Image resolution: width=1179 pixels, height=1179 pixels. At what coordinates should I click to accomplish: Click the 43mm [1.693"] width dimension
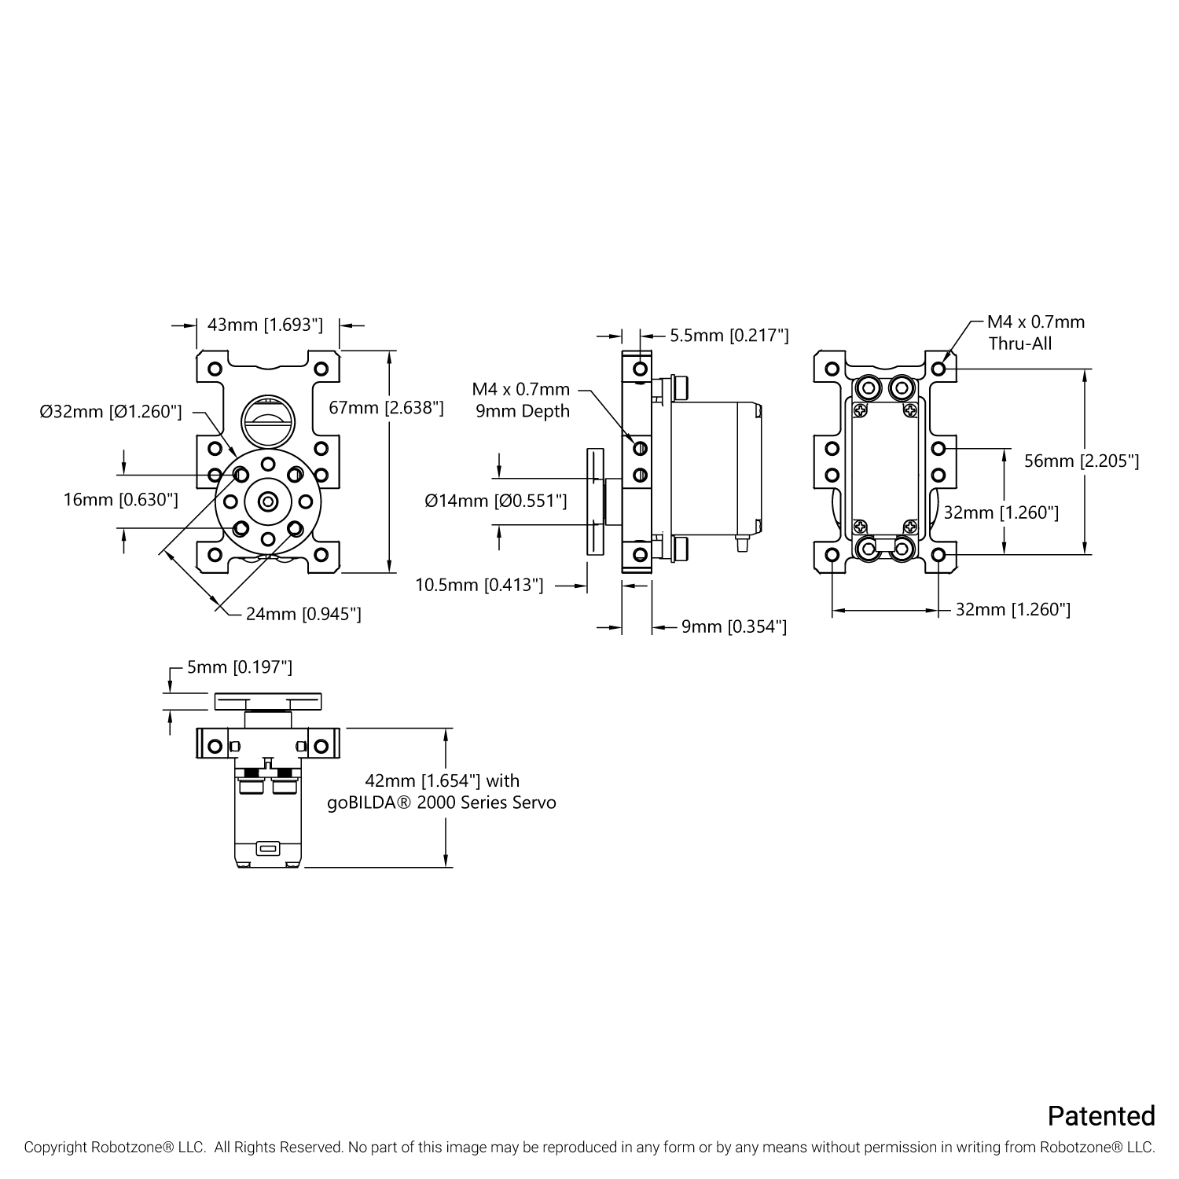click(265, 325)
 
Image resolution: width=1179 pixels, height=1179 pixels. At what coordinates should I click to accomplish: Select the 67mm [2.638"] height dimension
click(386, 407)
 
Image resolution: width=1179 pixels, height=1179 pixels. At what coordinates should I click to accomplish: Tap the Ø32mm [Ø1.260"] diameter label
click(111, 411)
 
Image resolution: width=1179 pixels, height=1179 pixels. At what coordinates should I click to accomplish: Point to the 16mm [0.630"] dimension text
click(120, 499)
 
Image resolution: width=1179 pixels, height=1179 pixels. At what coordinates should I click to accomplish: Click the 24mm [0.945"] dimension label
click(303, 614)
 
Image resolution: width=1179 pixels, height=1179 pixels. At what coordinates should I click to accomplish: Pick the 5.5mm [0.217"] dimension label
click(729, 336)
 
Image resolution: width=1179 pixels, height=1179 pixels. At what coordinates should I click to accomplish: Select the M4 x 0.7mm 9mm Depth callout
click(521, 400)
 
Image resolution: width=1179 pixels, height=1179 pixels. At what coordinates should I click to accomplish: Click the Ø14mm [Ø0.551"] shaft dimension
click(495, 500)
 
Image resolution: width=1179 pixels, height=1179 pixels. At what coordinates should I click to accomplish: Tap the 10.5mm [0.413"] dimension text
click(479, 585)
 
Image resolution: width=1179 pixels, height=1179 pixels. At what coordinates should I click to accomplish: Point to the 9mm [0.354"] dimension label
click(733, 626)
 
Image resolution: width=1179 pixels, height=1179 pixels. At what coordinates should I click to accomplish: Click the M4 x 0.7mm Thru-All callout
click(1035, 332)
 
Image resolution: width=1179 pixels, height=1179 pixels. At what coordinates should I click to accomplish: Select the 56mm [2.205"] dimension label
click(1082, 461)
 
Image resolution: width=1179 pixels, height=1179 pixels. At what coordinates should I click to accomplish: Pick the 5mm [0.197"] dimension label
click(239, 667)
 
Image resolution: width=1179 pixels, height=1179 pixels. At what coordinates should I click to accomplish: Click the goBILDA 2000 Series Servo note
click(442, 792)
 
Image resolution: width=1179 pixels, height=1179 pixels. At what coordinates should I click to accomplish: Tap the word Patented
click(1100, 1115)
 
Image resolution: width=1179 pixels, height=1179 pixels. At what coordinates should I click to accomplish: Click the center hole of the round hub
click(268, 501)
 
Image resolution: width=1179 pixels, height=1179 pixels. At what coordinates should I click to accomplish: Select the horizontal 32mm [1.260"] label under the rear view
click(1012, 609)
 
